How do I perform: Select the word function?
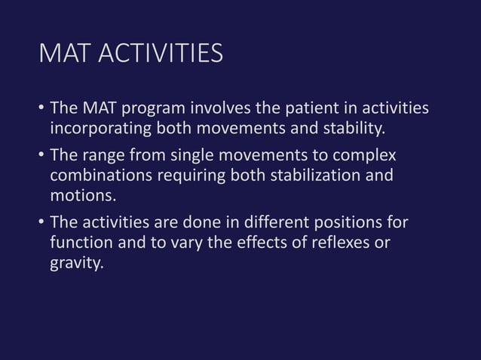click(79, 243)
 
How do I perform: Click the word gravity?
click(75, 264)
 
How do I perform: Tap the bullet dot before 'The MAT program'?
click(41, 111)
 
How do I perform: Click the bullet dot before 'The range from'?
click(41, 157)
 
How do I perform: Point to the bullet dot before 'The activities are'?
click(41, 224)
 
